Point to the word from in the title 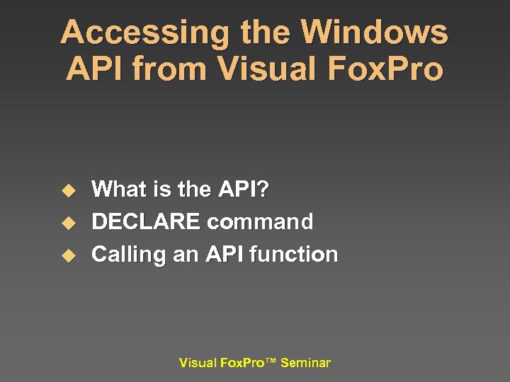tap(171, 69)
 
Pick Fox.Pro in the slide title tap(387, 69)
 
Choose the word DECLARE tap(146, 222)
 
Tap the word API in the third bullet tap(224, 254)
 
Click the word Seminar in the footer tap(305, 363)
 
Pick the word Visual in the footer tap(198, 363)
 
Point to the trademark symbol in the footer tap(271, 361)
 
